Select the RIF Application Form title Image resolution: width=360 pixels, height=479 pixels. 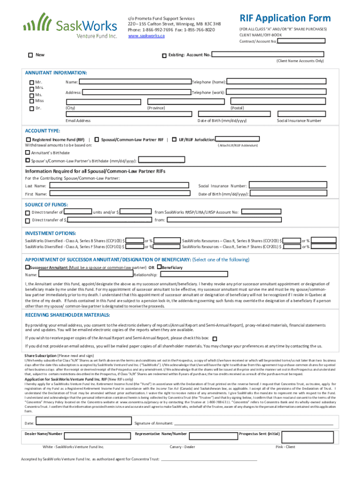(x=285, y=18)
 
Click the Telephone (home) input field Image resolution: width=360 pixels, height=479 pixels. (x=281, y=82)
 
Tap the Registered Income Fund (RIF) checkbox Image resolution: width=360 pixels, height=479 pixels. (x=29, y=139)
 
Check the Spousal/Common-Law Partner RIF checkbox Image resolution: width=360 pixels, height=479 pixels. (x=96, y=139)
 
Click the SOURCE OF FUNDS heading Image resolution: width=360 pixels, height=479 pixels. (x=46, y=204)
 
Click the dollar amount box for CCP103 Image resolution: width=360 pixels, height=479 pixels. (x=135, y=240)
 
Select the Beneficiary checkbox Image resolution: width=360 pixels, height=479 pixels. (x=159, y=267)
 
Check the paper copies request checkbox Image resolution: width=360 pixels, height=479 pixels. (x=215, y=338)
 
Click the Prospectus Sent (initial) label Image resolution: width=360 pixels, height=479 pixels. (x=259, y=434)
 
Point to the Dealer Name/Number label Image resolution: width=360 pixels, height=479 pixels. (x=43, y=434)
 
